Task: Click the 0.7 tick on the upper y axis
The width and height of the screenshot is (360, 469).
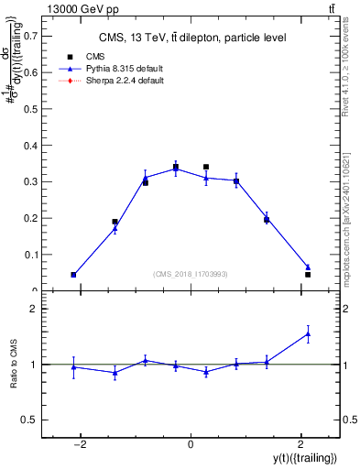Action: coord(32,36)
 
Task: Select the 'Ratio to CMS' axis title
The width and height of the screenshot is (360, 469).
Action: coord(14,365)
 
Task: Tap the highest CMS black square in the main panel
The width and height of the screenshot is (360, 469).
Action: coord(206,167)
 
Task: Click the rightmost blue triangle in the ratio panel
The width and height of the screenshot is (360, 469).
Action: coord(308,334)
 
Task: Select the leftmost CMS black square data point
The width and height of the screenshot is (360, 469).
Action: coord(73,275)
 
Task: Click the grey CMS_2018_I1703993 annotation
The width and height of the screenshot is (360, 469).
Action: coord(190,274)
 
